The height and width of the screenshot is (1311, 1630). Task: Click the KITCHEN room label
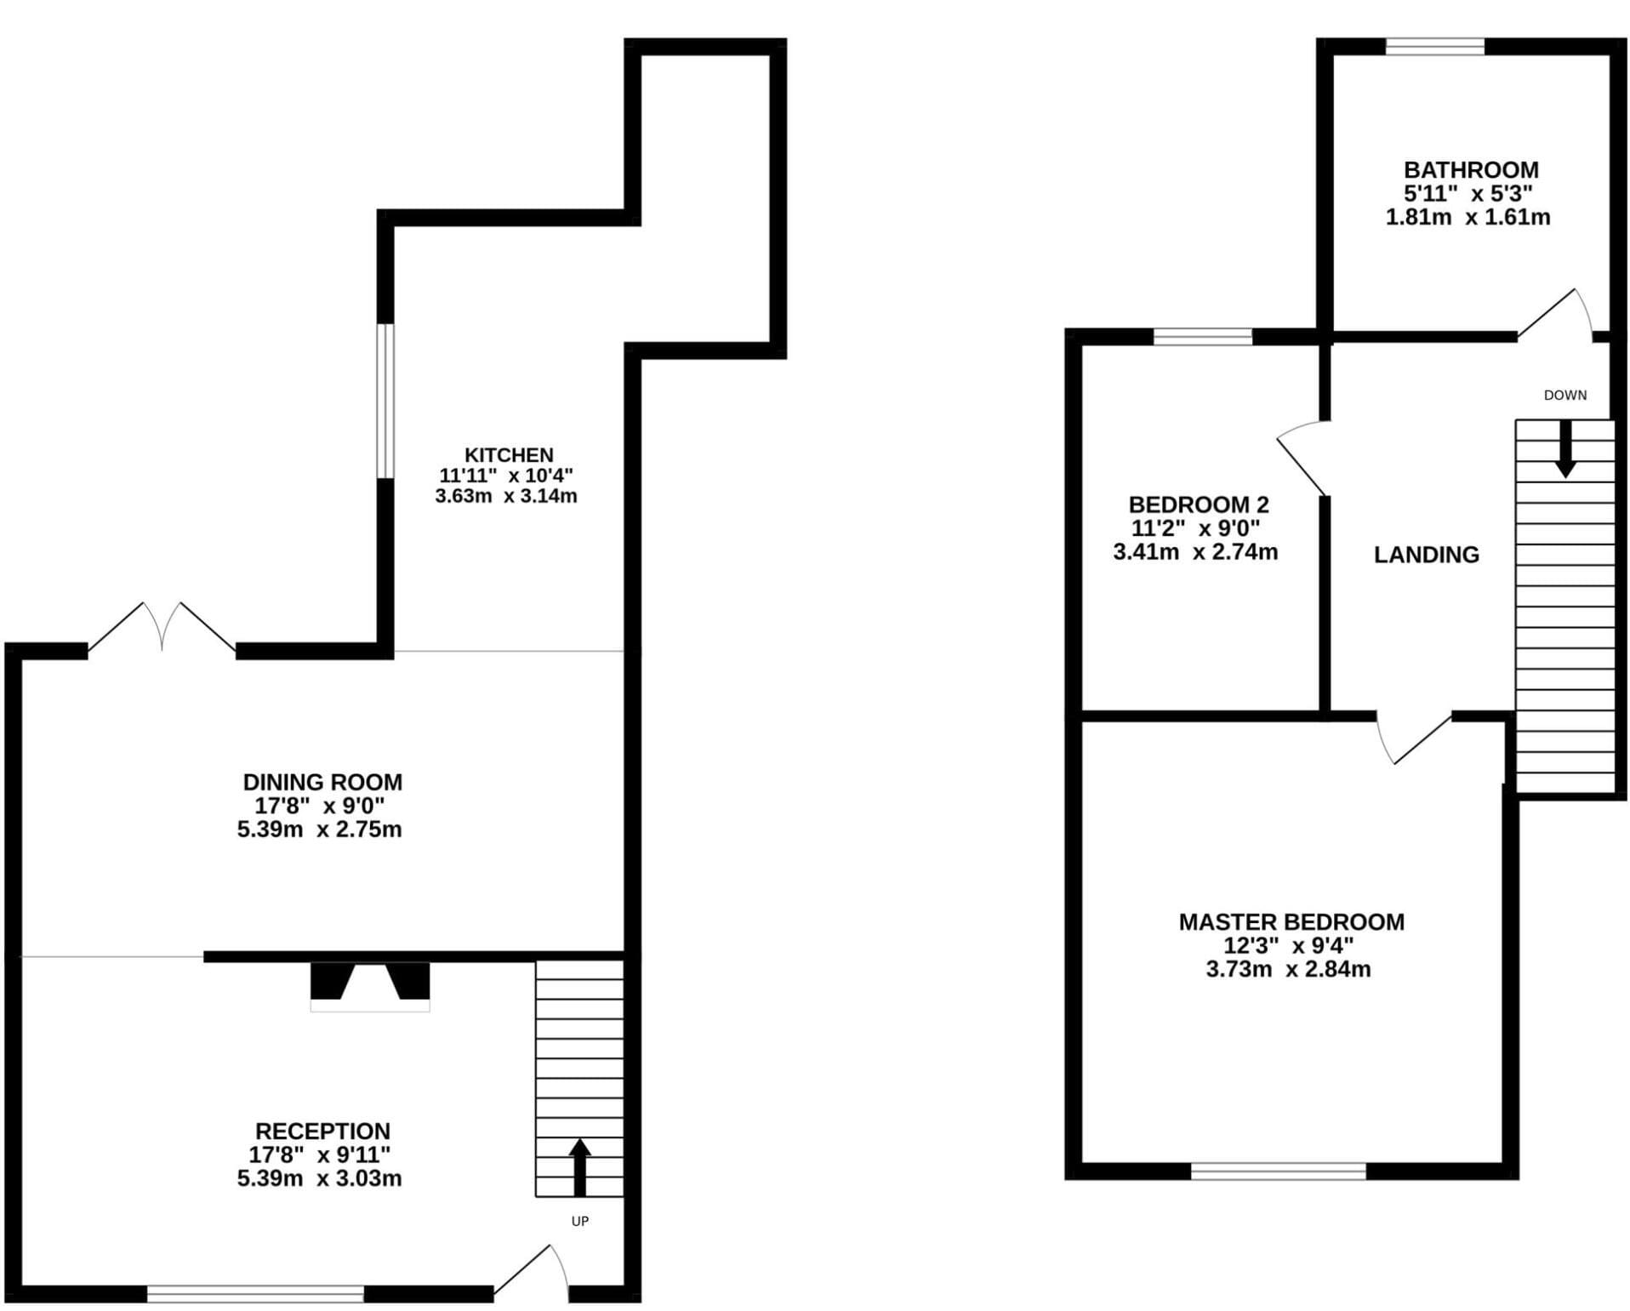[508, 455]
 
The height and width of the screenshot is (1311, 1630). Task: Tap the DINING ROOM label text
[322, 782]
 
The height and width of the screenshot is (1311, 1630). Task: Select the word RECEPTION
[322, 1131]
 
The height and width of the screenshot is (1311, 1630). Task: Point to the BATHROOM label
[1471, 169]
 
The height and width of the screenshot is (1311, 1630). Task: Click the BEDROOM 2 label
[1198, 504]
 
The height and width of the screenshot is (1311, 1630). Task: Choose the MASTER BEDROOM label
[1291, 921]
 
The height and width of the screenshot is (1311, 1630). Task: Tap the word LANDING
[1426, 555]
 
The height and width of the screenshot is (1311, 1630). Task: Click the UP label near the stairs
[579, 1221]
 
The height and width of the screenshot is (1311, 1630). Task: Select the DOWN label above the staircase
[1565, 395]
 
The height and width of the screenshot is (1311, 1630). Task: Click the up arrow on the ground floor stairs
[579, 1166]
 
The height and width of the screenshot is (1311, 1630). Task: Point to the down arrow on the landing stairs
[1565, 449]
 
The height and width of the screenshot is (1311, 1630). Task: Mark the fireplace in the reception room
[370, 987]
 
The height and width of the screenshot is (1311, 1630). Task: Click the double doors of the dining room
[162, 628]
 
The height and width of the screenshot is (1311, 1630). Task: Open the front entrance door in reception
[532, 1273]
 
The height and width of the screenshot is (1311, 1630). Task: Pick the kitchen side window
[385, 401]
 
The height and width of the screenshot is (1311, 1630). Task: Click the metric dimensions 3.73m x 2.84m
[1288, 969]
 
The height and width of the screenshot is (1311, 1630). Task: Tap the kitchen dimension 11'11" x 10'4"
[506, 476]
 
